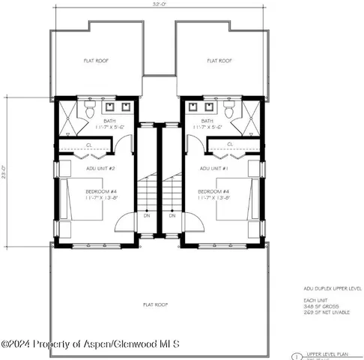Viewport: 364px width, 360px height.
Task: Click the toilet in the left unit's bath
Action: point(88,110)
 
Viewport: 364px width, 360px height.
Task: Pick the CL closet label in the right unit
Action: point(229,144)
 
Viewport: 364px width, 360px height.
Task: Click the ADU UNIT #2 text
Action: point(101,168)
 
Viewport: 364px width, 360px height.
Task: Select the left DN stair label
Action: point(147,217)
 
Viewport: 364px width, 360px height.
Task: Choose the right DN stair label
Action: point(172,217)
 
